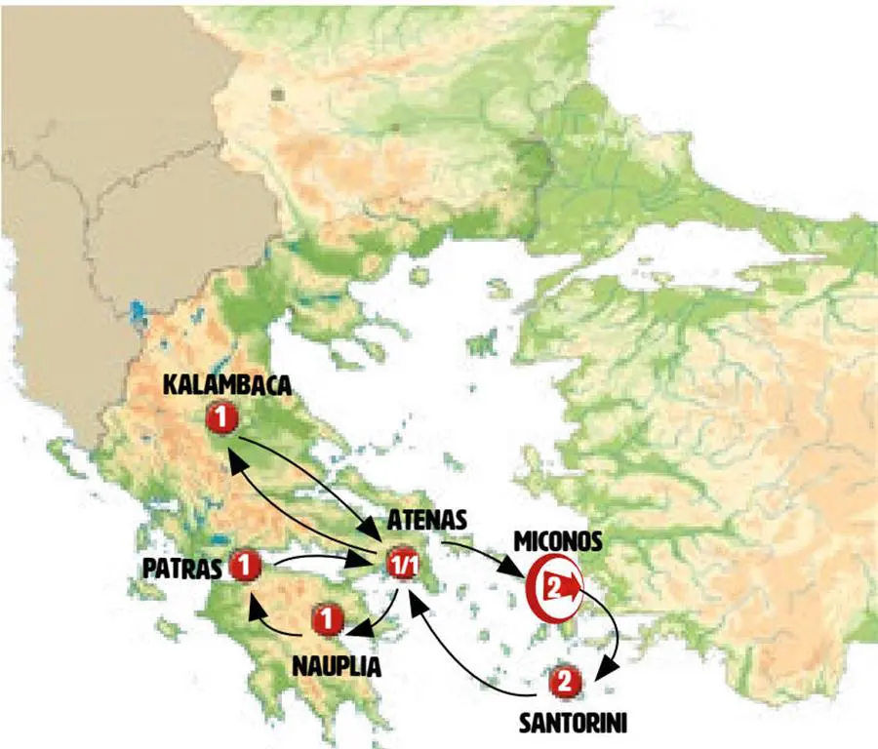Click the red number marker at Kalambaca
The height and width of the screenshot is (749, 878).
[x=222, y=419]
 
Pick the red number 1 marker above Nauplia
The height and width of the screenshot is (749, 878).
[x=328, y=618]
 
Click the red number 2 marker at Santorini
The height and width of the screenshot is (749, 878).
[x=563, y=683]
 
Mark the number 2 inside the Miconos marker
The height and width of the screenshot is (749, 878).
[x=552, y=587]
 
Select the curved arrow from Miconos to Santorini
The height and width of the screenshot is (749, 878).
[x=615, y=634]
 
